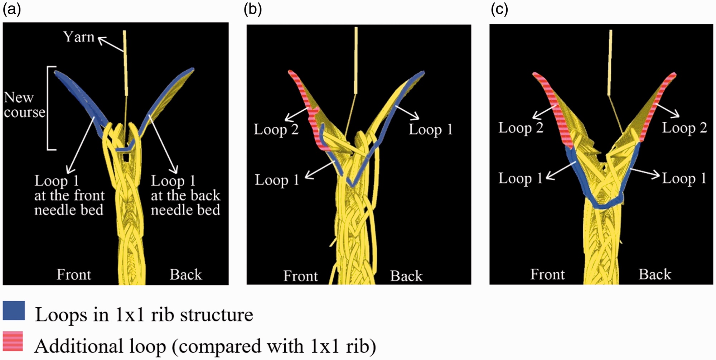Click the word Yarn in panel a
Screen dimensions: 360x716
click(79, 37)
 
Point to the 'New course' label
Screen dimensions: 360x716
click(24, 105)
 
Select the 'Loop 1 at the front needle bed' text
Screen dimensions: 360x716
click(69, 195)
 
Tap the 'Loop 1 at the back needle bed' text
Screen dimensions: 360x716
click(185, 195)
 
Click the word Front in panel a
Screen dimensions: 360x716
click(74, 275)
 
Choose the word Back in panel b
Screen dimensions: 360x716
click(406, 276)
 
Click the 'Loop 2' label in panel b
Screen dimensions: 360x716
click(276, 129)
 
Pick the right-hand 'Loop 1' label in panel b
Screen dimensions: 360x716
click(431, 129)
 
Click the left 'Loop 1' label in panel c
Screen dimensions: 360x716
click(521, 178)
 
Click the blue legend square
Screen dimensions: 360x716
click(14, 310)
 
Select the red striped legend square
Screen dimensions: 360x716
click(13, 341)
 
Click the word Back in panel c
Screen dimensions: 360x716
click(655, 274)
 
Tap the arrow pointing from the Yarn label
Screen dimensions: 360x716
click(111, 44)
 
